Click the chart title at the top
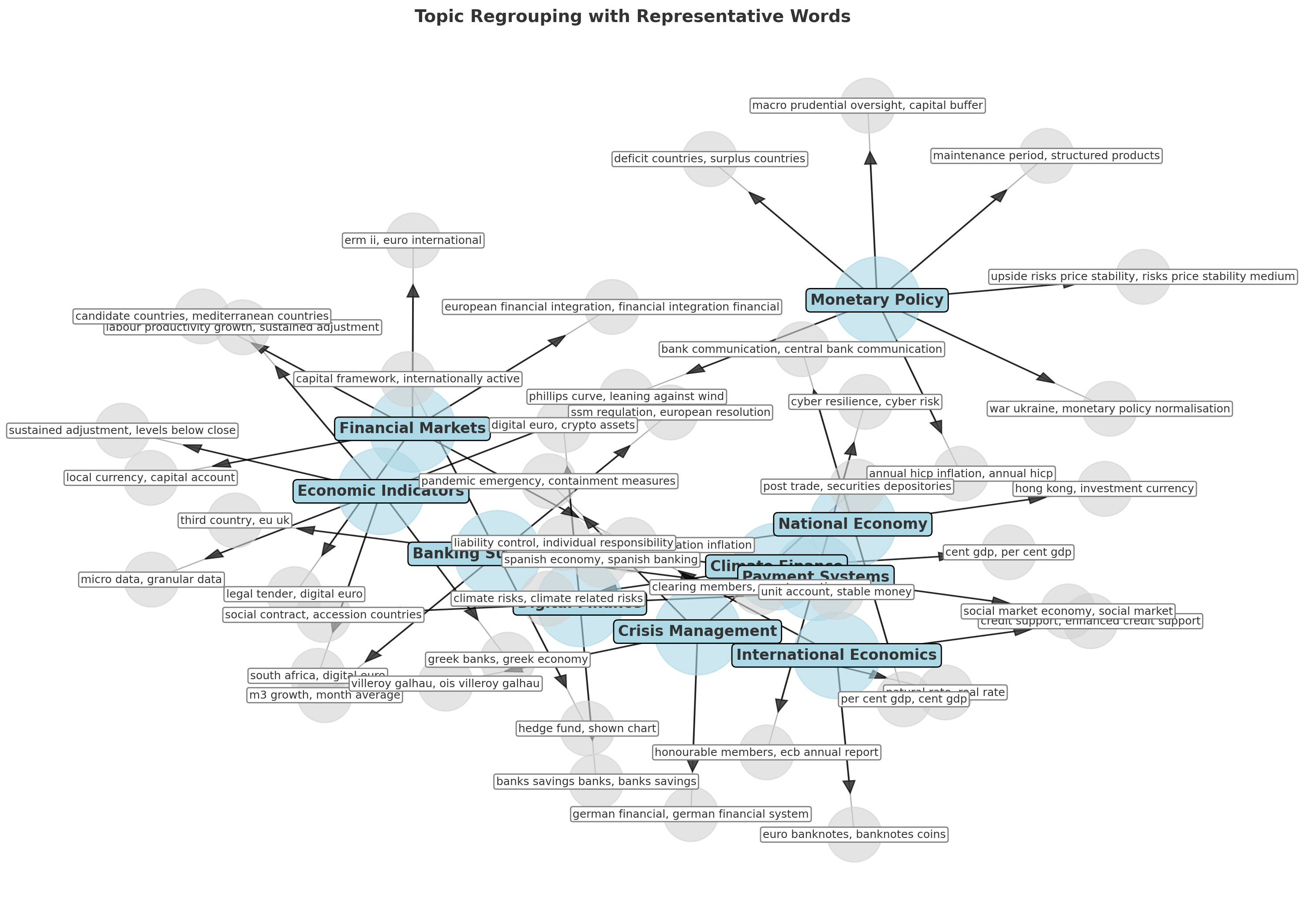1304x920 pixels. tap(632, 16)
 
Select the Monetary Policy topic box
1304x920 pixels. tap(877, 300)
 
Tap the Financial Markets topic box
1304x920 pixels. tap(412, 428)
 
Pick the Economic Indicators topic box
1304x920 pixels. tap(381, 491)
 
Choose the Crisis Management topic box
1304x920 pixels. tap(697, 631)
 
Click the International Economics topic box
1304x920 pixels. tap(836, 655)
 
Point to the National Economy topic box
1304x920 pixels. tap(852, 524)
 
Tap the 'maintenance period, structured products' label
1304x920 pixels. tap(1046, 156)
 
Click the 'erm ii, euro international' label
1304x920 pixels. tap(413, 241)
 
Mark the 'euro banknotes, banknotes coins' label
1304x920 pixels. tap(854, 835)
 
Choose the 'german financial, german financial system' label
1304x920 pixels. tap(690, 814)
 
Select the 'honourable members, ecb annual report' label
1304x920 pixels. tap(766, 753)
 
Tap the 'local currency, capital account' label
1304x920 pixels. tap(150, 478)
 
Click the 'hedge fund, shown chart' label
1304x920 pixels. tap(587, 729)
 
